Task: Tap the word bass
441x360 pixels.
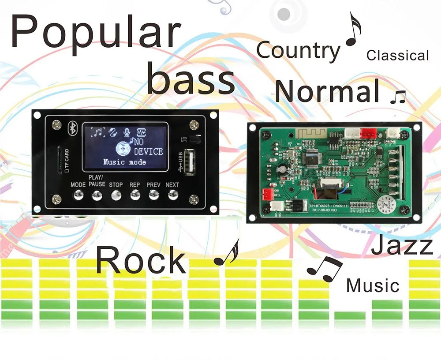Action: [190, 79]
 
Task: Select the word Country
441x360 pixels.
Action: [299, 51]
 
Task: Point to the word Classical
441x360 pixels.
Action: [397, 56]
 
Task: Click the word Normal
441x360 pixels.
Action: [327, 92]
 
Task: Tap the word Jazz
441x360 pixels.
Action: [401, 246]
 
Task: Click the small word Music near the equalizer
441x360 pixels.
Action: [373, 285]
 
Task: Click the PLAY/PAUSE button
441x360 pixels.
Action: [97, 195]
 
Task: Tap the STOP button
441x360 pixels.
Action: [116, 195]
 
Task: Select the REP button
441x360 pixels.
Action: [135, 195]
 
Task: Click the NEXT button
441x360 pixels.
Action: [172, 195]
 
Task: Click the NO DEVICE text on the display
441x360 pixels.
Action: [148, 147]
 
